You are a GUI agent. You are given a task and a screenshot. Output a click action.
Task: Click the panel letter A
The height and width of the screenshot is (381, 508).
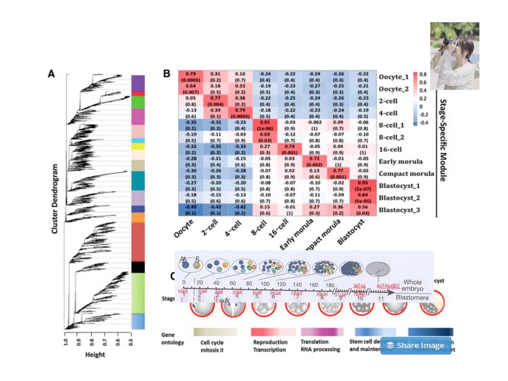click(x=51, y=74)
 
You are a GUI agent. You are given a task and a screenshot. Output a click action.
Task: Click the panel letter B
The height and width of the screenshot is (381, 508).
click(x=167, y=74)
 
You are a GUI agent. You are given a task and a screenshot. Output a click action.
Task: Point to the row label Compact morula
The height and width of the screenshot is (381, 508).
click(x=406, y=173)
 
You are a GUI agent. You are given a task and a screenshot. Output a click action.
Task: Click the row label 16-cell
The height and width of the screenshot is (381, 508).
click(x=391, y=149)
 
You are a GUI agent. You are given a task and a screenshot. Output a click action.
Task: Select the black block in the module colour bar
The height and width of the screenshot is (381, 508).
click(x=138, y=267)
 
